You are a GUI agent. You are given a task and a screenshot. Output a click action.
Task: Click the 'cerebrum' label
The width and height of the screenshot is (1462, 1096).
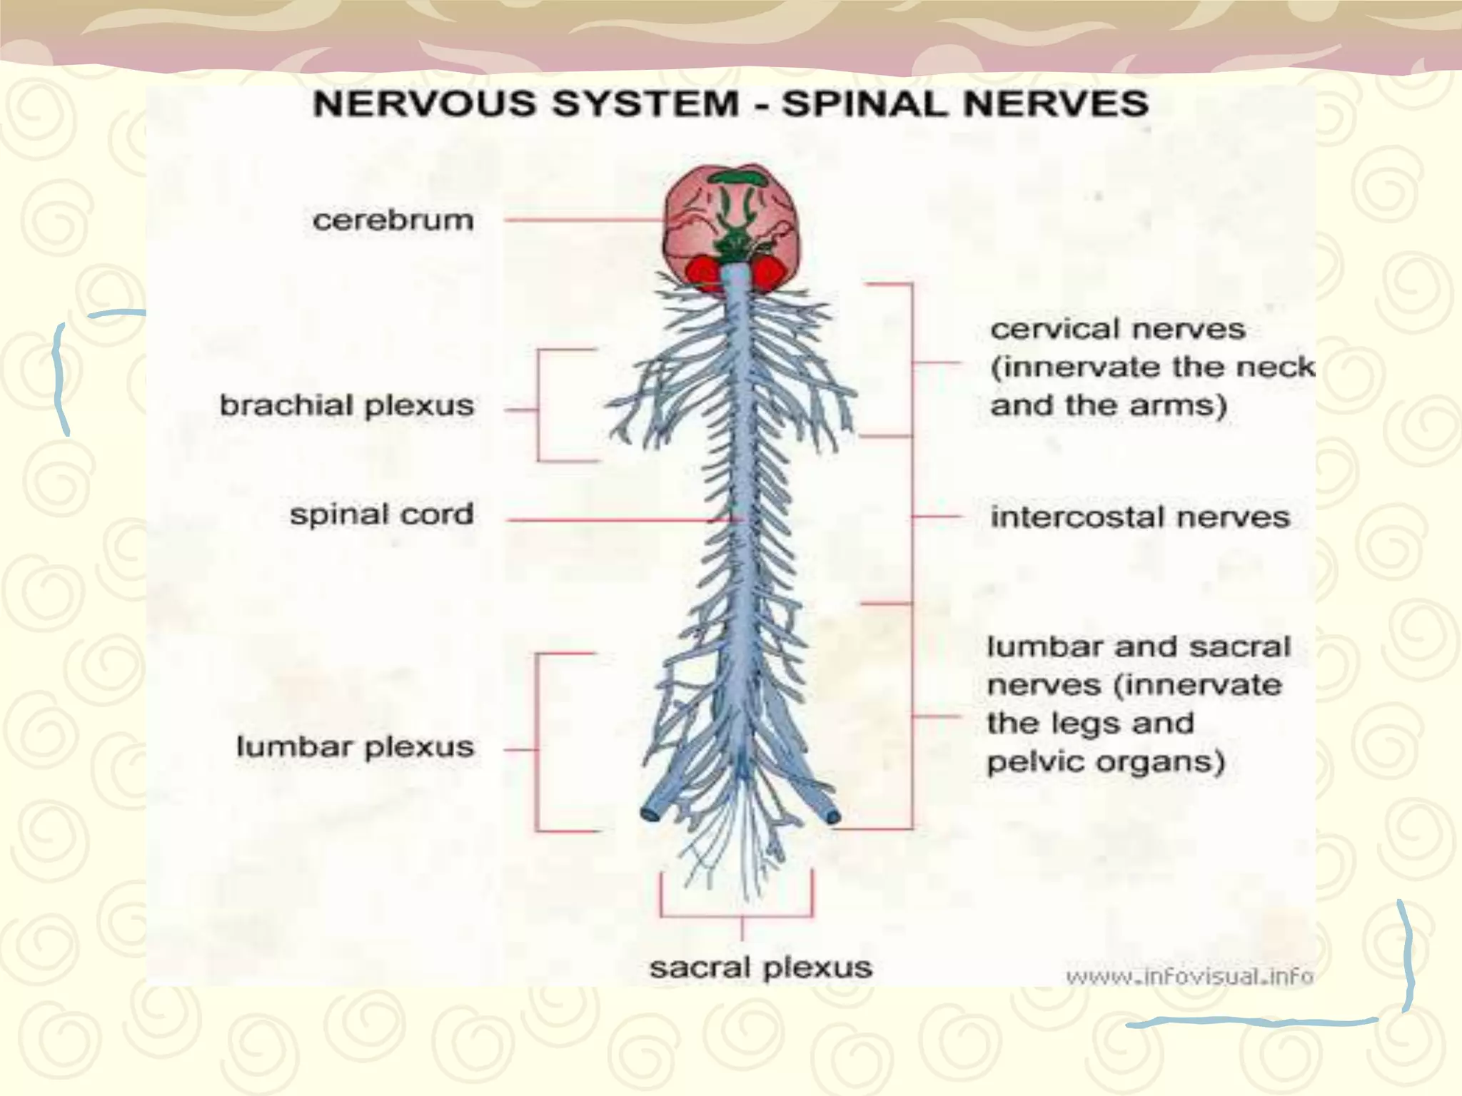tap(393, 220)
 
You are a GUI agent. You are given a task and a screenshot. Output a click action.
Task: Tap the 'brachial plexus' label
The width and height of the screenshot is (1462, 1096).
tap(346, 406)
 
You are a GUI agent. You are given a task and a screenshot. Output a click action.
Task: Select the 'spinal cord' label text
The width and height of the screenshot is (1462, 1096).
tap(381, 514)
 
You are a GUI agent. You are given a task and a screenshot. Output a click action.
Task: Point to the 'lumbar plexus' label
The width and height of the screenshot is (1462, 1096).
tap(355, 747)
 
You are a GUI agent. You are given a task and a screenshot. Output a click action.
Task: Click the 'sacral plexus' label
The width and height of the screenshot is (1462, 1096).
tap(760, 968)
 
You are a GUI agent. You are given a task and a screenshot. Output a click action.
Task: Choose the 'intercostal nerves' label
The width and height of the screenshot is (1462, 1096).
tap(1140, 517)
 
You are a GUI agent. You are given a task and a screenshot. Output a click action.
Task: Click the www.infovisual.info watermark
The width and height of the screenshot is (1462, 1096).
tap(1189, 976)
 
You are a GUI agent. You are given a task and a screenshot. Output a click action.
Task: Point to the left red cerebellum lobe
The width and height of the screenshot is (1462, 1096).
tap(705, 273)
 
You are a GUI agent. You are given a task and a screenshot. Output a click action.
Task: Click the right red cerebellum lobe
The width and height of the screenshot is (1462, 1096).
tap(769, 273)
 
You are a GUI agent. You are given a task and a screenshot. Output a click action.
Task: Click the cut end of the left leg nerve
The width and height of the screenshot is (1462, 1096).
tap(650, 813)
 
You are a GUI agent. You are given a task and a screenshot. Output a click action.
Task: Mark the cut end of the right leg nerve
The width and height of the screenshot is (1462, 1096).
tap(832, 815)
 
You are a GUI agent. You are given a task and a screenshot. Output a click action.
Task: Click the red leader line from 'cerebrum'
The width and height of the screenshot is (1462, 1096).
tap(582, 220)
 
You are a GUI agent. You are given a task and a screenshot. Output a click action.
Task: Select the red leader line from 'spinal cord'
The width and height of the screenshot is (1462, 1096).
tap(607, 520)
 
